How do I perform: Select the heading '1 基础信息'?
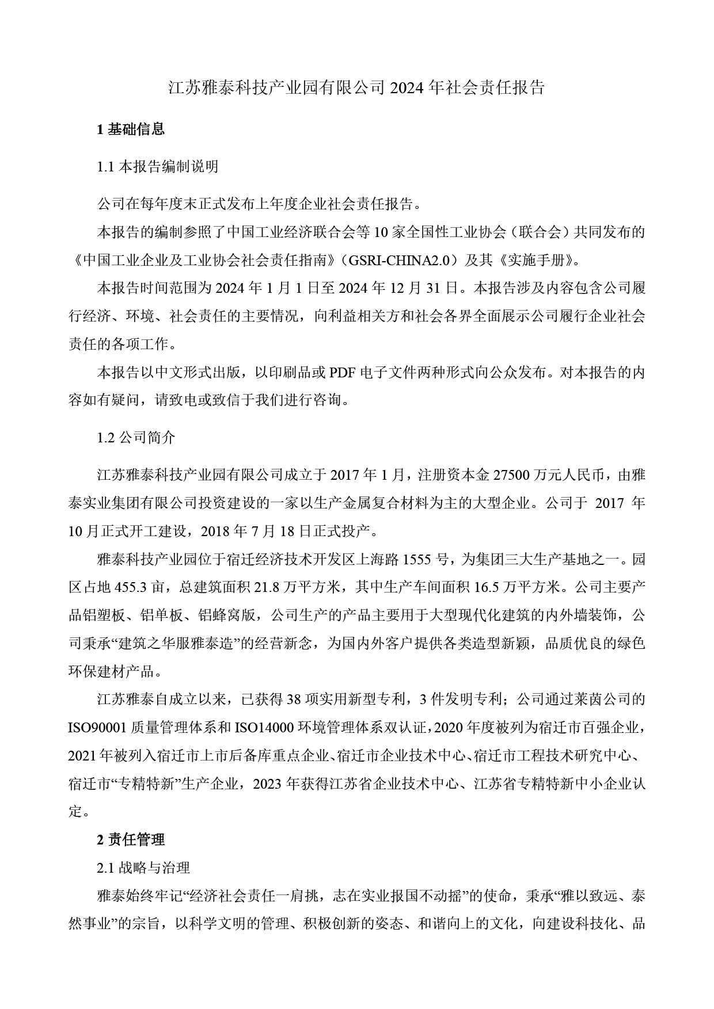pyautogui.click(x=131, y=129)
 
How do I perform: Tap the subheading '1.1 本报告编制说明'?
pyautogui.click(x=158, y=167)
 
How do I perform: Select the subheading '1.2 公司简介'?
pyautogui.click(x=136, y=437)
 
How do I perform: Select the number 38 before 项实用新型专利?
pyautogui.click(x=294, y=700)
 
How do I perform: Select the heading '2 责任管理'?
pyautogui.click(x=131, y=840)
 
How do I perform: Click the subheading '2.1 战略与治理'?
pyautogui.click(x=143, y=867)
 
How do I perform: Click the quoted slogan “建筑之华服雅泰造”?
pyautogui.click(x=178, y=643)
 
